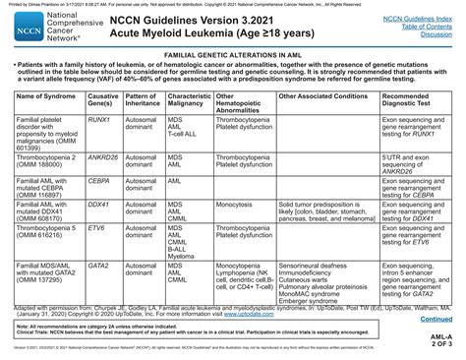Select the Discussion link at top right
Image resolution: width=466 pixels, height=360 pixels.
(x=435, y=36)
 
